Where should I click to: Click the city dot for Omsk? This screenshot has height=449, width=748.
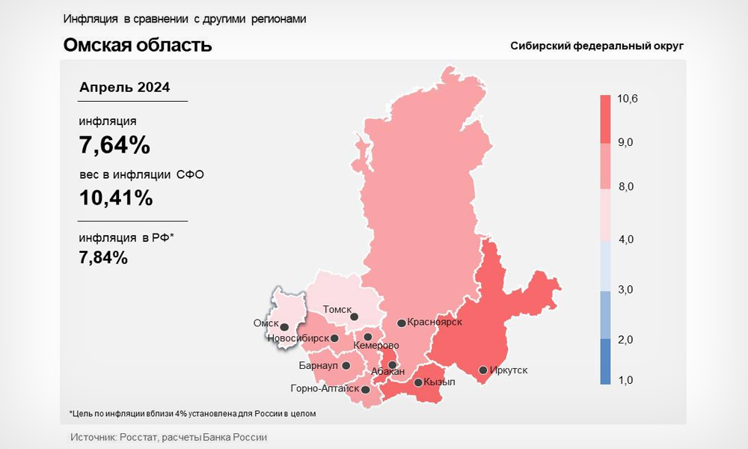click(284, 326)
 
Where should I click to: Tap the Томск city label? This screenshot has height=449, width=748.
click(337, 309)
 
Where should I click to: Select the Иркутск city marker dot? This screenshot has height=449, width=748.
click(483, 370)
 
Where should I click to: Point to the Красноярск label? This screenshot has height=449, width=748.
click(435, 322)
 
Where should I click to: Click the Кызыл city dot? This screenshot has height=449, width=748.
click(418, 383)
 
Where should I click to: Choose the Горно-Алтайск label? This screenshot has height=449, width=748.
click(325, 388)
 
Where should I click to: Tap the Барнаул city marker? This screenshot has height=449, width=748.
click(346, 366)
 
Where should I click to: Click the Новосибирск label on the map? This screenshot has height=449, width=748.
click(298, 338)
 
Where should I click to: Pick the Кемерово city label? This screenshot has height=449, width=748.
click(375, 346)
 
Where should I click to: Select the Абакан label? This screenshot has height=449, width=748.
click(387, 372)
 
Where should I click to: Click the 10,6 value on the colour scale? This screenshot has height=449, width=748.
click(627, 99)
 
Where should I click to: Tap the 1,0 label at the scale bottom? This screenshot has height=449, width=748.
click(625, 380)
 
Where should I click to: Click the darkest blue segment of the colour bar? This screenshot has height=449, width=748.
click(605, 361)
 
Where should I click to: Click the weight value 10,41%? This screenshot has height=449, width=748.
click(116, 198)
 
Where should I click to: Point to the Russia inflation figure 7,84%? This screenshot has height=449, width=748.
click(103, 257)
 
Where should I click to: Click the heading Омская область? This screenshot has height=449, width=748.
click(138, 45)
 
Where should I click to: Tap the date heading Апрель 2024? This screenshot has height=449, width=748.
click(125, 88)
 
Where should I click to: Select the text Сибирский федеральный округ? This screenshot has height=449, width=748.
click(597, 46)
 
